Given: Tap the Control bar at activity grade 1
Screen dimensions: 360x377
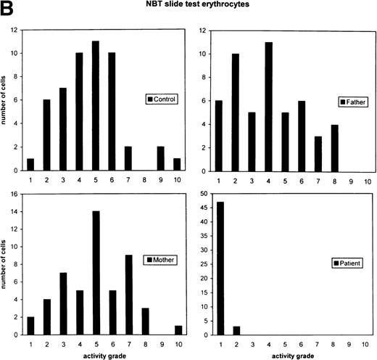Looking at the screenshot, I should click(x=30, y=164).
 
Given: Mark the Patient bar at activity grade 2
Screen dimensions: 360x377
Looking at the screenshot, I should click(x=237, y=330).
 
